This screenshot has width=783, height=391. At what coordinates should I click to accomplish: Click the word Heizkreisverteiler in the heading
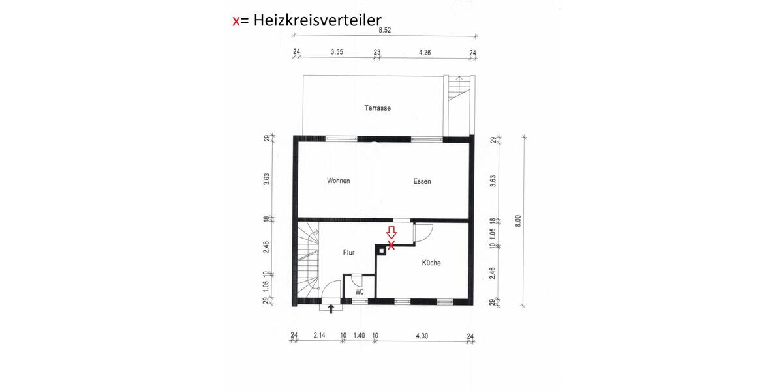point(313,21)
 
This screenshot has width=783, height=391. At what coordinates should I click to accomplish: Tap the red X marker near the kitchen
point(391,245)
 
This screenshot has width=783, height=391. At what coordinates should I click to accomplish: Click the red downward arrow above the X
point(391,233)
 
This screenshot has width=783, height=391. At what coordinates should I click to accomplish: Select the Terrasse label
point(378,108)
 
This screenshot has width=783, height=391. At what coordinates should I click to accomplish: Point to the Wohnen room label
point(339,181)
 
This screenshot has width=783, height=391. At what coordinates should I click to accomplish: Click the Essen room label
point(422,182)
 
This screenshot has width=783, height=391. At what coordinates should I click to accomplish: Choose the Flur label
point(348,252)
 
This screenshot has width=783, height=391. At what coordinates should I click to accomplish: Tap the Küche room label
point(431,263)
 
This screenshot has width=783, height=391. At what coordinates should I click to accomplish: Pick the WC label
point(360,292)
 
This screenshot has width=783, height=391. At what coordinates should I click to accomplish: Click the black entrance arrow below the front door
point(331,309)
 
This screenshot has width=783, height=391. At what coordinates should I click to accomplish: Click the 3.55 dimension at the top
point(337,51)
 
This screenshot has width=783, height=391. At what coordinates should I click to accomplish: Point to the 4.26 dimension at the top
point(425,51)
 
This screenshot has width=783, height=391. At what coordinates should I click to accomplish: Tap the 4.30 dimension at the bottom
point(422,335)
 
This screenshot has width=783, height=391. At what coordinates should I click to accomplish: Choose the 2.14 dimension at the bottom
point(319,335)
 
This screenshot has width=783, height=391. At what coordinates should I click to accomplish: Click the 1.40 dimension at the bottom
point(359,335)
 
